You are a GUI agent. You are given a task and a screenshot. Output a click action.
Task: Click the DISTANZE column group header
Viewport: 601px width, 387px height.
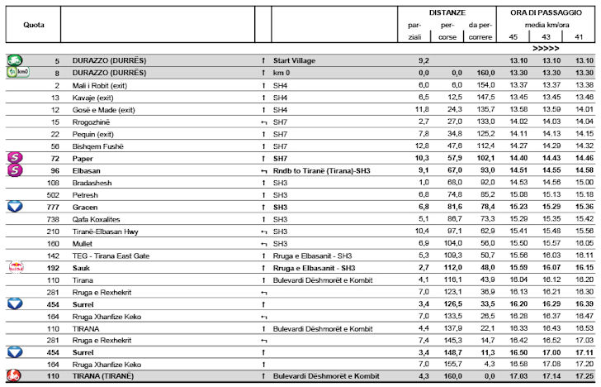pyautogui.click(x=447, y=13)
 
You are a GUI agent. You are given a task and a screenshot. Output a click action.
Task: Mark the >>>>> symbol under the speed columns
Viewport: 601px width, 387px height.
pyautogui.click(x=546, y=49)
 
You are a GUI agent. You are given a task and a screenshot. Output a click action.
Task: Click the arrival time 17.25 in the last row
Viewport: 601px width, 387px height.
pyautogui.click(x=584, y=377)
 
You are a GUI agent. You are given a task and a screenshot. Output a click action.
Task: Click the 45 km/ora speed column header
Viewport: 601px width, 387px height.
pyautogui.click(x=513, y=36)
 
